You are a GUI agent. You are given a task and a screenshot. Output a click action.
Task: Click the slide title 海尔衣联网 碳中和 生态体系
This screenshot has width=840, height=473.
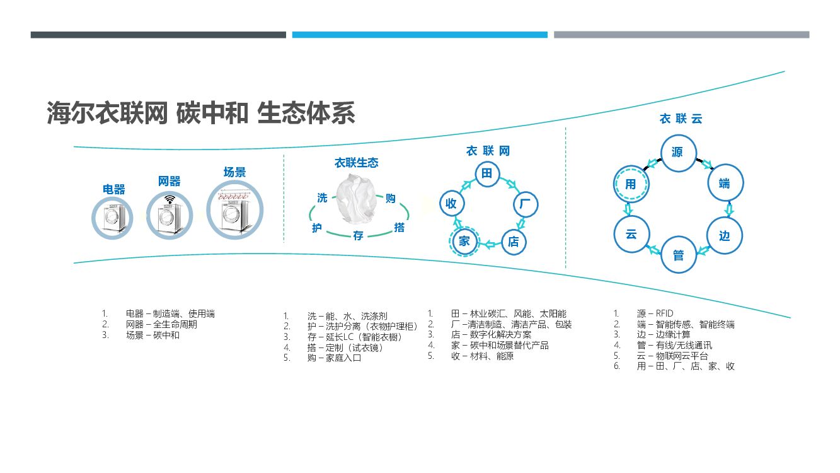click(x=201, y=114)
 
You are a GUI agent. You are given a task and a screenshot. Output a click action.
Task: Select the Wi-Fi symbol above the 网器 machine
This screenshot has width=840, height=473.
click(x=169, y=200)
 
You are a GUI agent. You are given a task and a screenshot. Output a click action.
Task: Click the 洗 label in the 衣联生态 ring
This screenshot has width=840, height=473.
click(x=322, y=198)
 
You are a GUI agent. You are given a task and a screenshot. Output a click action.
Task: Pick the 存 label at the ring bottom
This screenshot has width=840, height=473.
click(x=358, y=237)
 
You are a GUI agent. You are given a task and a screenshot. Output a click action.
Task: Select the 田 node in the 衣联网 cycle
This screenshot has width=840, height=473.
click(x=486, y=173)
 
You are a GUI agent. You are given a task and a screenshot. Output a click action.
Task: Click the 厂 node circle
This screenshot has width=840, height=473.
click(x=524, y=204)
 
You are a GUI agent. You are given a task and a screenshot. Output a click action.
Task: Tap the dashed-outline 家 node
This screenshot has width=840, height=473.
click(x=464, y=241)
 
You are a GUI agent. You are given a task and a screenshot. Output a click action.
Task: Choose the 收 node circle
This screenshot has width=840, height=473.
click(x=451, y=204)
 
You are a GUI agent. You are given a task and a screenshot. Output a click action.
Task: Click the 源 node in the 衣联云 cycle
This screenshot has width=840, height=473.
click(x=677, y=152)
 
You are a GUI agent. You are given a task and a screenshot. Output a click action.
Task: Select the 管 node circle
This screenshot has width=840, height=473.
click(x=678, y=255)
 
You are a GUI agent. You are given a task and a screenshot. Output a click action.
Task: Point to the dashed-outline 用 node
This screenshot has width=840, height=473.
click(x=631, y=184)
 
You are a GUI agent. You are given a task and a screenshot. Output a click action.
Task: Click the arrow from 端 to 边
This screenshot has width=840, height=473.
click(x=730, y=209)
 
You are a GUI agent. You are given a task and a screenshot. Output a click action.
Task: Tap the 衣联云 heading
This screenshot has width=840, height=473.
click(x=681, y=119)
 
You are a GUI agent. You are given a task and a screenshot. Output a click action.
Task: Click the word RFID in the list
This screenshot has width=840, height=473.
click(x=664, y=313)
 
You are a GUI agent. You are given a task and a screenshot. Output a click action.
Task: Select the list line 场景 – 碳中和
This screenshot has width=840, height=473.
click(x=152, y=336)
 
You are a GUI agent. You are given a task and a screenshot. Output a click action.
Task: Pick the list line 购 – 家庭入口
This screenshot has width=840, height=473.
click(x=334, y=358)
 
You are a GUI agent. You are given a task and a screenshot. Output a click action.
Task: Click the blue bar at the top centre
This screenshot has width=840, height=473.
click(x=420, y=35)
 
